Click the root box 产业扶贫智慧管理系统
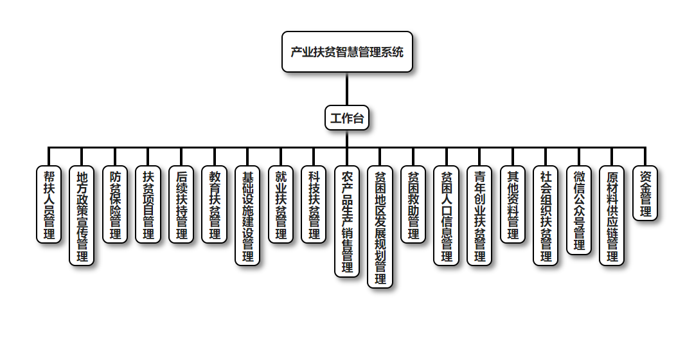coord(347,52)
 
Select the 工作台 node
coord(347,118)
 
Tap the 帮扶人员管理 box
coord(49,204)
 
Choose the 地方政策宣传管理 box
coord(82,215)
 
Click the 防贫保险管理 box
coord(115,204)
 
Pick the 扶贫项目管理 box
coord(148,204)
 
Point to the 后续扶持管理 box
coord(181,204)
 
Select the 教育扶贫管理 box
coord(215,204)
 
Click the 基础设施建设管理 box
coord(247,215)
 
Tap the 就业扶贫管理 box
coord(281,204)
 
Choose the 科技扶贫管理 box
coord(314,204)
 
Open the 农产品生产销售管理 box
coord(347,222)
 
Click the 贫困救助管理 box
coord(413,204)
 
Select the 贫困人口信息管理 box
coord(447,215)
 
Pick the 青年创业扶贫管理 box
coord(479,215)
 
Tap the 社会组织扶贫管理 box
coord(546,215)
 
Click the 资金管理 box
coord(645,194)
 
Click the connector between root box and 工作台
coord(347,89)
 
